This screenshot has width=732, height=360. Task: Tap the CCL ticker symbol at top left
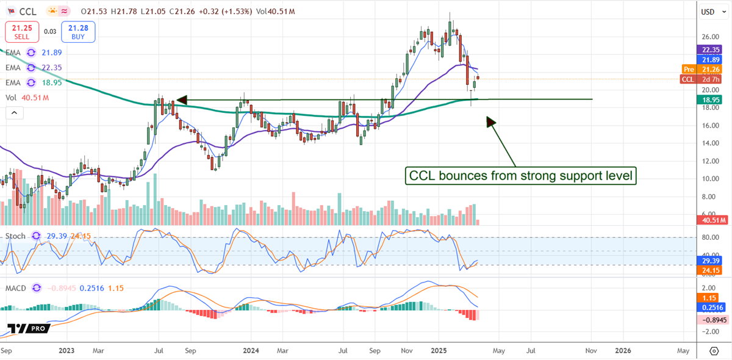[x=26, y=11]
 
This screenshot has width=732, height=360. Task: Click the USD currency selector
[x=708, y=12]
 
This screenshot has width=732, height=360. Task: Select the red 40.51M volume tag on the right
[x=711, y=220]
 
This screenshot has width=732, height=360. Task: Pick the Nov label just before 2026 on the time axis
[x=590, y=351]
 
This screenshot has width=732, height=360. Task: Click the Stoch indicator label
[x=16, y=236]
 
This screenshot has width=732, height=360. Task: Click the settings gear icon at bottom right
[x=714, y=351]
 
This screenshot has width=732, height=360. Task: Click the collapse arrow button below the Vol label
[x=14, y=112]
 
